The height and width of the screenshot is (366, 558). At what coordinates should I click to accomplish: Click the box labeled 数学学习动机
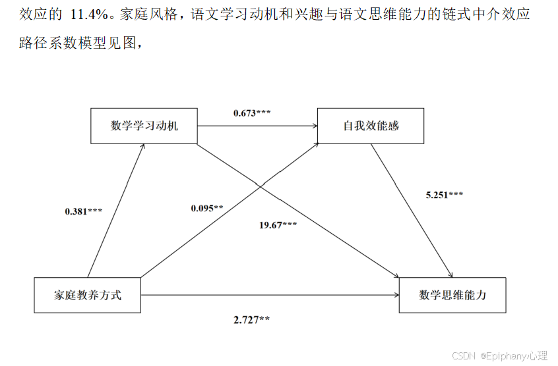[144, 126]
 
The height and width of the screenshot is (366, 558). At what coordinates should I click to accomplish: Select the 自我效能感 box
[371, 126]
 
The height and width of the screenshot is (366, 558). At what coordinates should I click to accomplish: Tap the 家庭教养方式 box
[87, 295]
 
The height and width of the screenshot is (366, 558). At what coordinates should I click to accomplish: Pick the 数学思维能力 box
[452, 295]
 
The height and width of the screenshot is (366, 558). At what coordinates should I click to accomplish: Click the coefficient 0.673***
[252, 113]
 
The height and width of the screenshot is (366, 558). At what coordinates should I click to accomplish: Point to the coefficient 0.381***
[83, 211]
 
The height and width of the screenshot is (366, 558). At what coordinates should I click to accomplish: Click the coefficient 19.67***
[278, 225]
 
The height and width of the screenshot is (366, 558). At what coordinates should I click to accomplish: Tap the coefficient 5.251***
[445, 194]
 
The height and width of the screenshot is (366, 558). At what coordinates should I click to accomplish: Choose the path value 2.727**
[251, 319]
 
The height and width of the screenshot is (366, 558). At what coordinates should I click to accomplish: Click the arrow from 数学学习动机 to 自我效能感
[257, 126]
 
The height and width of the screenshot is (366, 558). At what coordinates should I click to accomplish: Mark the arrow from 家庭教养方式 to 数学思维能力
[270, 295]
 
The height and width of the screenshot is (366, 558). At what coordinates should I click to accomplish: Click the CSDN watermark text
[499, 355]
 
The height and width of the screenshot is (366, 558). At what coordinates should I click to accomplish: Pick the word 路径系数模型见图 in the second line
[79, 43]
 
